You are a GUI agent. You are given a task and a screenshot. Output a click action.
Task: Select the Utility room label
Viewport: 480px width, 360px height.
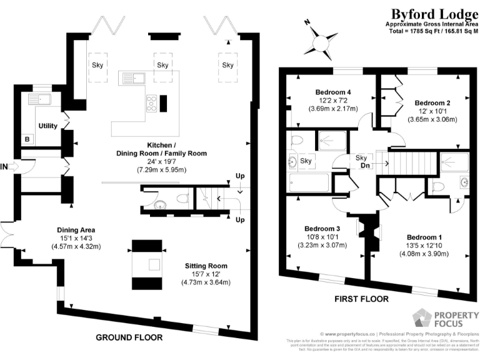pyautogui.click(x=48, y=126)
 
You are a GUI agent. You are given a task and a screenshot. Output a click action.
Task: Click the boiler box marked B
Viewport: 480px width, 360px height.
pyautogui.click(x=27, y=139)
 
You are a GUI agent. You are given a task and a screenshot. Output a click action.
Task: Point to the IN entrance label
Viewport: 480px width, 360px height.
pyautogui.click(x=5, y=167)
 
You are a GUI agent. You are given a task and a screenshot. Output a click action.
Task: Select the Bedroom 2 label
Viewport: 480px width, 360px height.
pyautogui.click(x=432, y=102)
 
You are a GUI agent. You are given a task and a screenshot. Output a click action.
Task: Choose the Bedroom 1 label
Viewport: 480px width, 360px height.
pyautogui.click(x=424, y=237)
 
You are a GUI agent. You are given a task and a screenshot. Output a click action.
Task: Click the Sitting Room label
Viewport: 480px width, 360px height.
pyautogui.click(x=206, y=266)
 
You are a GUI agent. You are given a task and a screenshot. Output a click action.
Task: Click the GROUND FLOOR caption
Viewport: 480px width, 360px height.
pyautogui.click(x=129, y=337)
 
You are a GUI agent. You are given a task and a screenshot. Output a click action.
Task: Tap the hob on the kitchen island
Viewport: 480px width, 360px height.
pyautogui.click(x=152, y=102)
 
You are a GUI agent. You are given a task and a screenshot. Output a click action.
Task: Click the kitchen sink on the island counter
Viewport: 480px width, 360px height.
pyautogui.click(x=133, y=78)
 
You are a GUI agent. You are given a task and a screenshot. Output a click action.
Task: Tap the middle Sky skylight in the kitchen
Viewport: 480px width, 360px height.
pyautogui.click(x=162, y=65)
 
